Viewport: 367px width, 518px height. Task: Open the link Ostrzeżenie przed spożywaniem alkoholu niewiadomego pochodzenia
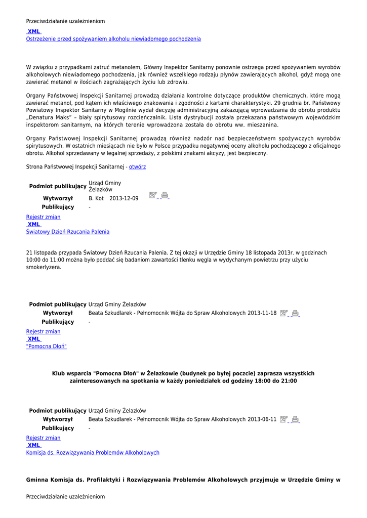[x=113, y=39]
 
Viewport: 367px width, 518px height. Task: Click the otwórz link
[x=137, y=166]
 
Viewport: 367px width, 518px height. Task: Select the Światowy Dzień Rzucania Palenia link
[x=68, y=232]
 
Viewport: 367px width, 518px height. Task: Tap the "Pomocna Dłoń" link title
[x=46, y=347]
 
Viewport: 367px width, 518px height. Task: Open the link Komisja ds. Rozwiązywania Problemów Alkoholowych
[x=93, y=453]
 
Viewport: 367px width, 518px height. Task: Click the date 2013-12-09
[x=124, y=199]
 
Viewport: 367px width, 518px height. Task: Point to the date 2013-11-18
[x=262, y=313]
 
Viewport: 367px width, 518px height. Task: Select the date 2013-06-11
[x=262, y=419]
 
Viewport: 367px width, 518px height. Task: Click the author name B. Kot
[x=96, y=199]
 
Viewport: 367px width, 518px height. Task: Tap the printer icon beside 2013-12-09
[x=165, y=195]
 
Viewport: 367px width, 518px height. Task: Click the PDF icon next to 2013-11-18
[x=283, y=313]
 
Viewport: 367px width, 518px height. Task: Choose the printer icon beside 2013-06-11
[x=296, y=419]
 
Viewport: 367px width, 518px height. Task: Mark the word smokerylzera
[x=44, y=267]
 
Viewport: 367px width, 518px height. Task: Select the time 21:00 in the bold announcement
[x=290, y=381]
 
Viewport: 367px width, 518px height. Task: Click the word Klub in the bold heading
[x=59, y=374]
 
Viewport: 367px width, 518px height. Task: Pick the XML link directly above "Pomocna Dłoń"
[x=34, y=339]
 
